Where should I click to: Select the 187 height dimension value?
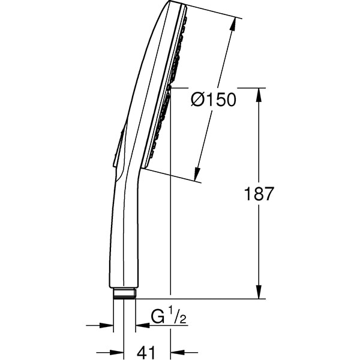tap(259, 194)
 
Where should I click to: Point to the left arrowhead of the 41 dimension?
tap(119, 353)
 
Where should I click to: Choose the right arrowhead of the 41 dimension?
tap(176, 353)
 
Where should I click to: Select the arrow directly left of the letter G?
tap(142, 326)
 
